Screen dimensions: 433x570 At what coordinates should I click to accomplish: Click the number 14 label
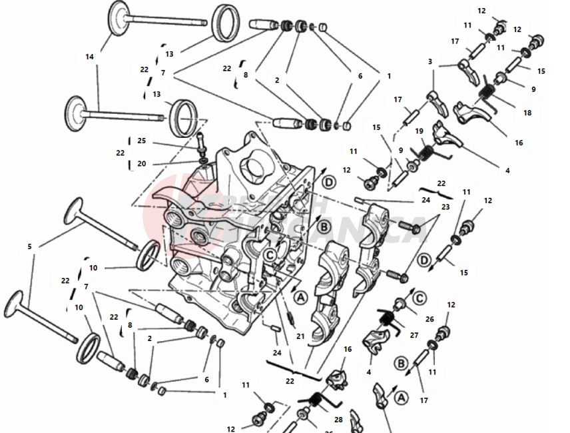[x=89, y=57]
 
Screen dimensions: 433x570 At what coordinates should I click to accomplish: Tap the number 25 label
[x=141, y=141]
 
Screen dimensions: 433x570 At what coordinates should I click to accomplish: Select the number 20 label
[x=141, y=164]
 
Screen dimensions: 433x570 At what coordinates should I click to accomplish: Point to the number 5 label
[x=29, y=246]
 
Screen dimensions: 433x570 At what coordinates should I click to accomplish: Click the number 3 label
[x=430, y=62]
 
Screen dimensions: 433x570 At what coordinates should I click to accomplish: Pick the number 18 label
[x=527, y=113]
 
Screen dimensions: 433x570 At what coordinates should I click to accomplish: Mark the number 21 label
[x=300, y=336]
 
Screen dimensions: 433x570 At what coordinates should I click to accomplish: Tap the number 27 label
[x=414, y=335]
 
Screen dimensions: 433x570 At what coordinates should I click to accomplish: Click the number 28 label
[x=338, y=419]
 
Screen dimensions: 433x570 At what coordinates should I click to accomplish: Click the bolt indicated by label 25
[x=199, y=141]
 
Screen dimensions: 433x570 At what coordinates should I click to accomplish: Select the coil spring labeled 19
[x=425, y=153]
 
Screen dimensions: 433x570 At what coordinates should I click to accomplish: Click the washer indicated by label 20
[x=200, y=161]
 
